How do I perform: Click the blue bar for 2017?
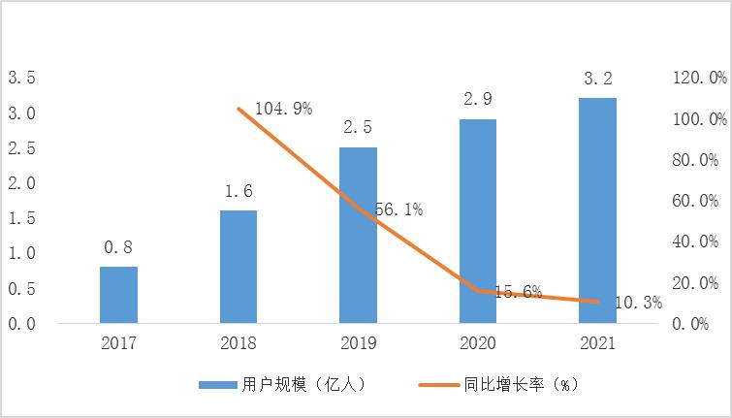click(118, 295)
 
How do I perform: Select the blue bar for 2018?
click(239, 267)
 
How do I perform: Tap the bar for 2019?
click(358, 236)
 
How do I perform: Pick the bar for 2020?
click(477, 221)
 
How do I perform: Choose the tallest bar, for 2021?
click(597, 210)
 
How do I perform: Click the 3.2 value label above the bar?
click(597, 79)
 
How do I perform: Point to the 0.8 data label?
click(118, 247)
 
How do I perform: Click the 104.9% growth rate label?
click(283, 109)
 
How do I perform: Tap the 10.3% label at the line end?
click(638, 303)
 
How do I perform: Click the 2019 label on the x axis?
click(358, 343)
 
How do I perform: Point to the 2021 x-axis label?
click(597, 343)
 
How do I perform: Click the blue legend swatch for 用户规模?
click(217, 384)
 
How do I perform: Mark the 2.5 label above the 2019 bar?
click(358, 127)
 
